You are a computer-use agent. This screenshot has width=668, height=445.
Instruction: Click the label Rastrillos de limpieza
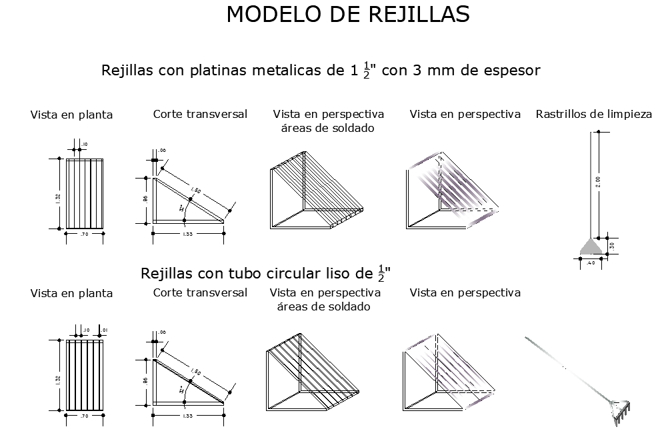pos(593,114)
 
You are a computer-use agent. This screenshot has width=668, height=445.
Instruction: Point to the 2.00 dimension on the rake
pos(598,181)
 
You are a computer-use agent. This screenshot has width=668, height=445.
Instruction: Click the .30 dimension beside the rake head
pos(612,245)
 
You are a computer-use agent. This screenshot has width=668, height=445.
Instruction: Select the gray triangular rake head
pos(590,246)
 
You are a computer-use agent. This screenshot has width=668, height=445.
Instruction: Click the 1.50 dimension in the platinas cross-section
pos(195,192)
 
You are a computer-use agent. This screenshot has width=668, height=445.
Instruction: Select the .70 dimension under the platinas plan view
pos(84,234)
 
